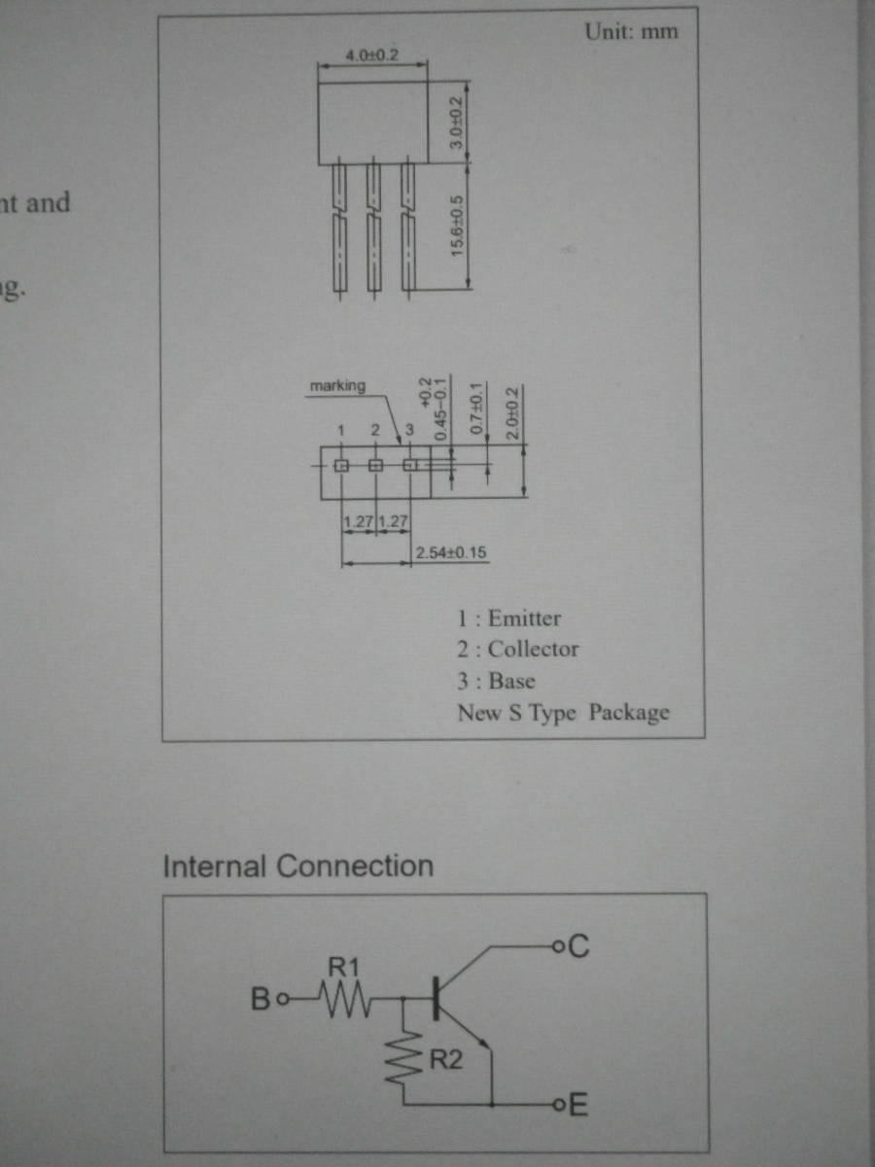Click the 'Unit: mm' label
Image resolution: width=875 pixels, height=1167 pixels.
pos(631,31)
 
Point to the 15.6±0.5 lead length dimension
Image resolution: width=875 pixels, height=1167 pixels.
pos(456,224)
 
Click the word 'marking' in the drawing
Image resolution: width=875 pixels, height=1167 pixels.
pos(337,386)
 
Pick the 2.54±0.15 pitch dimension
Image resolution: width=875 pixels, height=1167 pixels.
pos(450,553)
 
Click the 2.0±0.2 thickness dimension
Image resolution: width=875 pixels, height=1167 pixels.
pos(513,413)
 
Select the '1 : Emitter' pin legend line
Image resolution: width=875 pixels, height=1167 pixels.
pos(508,618)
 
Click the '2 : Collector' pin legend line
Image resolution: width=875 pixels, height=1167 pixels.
pos(517,649)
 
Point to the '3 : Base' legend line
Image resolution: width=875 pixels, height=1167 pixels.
pos(496,681)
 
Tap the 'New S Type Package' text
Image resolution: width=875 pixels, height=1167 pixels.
pos(563,712)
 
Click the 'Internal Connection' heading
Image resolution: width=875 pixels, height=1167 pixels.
pos(297,866)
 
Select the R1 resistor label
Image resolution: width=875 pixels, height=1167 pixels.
pos(343,967)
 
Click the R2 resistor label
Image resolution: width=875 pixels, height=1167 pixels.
pos(446,1060)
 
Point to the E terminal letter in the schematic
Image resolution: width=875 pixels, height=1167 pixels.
pos(577,1106)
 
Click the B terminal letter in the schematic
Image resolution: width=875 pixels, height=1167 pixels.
pos(260,999)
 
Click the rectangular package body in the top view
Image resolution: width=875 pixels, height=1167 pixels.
pos(374,123)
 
